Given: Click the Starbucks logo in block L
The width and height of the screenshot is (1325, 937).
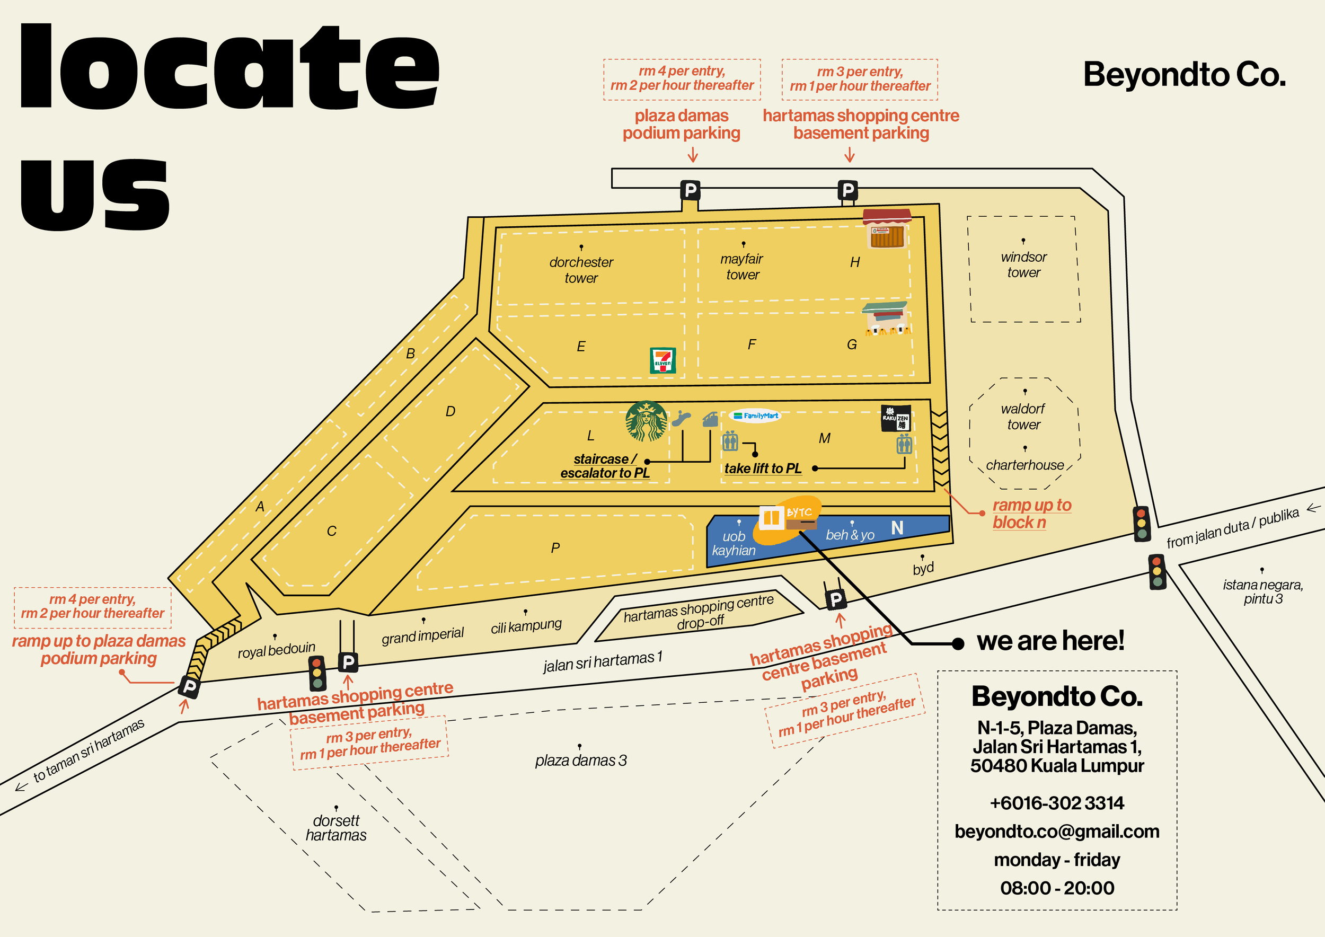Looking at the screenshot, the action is (647, 421).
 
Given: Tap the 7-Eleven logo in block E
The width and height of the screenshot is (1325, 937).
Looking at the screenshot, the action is (662, 360).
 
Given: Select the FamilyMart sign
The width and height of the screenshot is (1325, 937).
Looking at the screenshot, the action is (755, 416).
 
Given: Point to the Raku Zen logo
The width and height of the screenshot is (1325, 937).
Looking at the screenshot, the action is (896, 418).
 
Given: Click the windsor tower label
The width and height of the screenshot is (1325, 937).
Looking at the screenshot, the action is (1024, 265).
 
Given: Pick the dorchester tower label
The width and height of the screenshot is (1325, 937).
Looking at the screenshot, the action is (581, 270).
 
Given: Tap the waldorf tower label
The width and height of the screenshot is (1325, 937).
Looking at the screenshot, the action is (1023, 417).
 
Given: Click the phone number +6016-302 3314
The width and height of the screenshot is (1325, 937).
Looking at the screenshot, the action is (1057, 802).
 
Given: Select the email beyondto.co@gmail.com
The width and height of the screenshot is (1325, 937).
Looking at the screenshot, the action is (1057, 831).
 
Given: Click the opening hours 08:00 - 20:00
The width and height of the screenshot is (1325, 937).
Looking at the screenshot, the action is (1057, 888).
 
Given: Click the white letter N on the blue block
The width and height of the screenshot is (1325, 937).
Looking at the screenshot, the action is (897, 527).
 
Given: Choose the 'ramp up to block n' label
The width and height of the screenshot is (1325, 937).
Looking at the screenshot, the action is (1031, 514).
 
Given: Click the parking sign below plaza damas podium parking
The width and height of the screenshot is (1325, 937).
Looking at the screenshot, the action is (690, 190).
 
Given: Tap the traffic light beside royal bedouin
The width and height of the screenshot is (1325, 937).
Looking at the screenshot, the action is (317, 673).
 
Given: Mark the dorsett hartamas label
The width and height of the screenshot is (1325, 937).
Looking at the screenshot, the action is (336, 828).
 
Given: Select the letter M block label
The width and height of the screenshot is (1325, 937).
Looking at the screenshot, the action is (824, 438).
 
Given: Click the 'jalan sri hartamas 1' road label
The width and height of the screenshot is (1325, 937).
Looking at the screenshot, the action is (603, 661).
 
